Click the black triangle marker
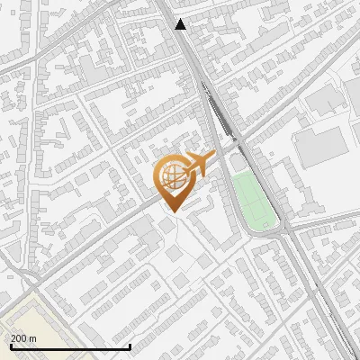pos(182,24)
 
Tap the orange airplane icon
pos(198,164)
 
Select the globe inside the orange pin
pos(172,176)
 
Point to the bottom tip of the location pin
pos(172,211)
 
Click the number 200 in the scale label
pos(19,337)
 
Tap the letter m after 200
pos(32,337)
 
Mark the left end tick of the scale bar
pos(10,346)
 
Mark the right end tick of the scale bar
pos(130,346)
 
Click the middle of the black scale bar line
pos(70,346)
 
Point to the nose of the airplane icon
pos(214,156)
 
